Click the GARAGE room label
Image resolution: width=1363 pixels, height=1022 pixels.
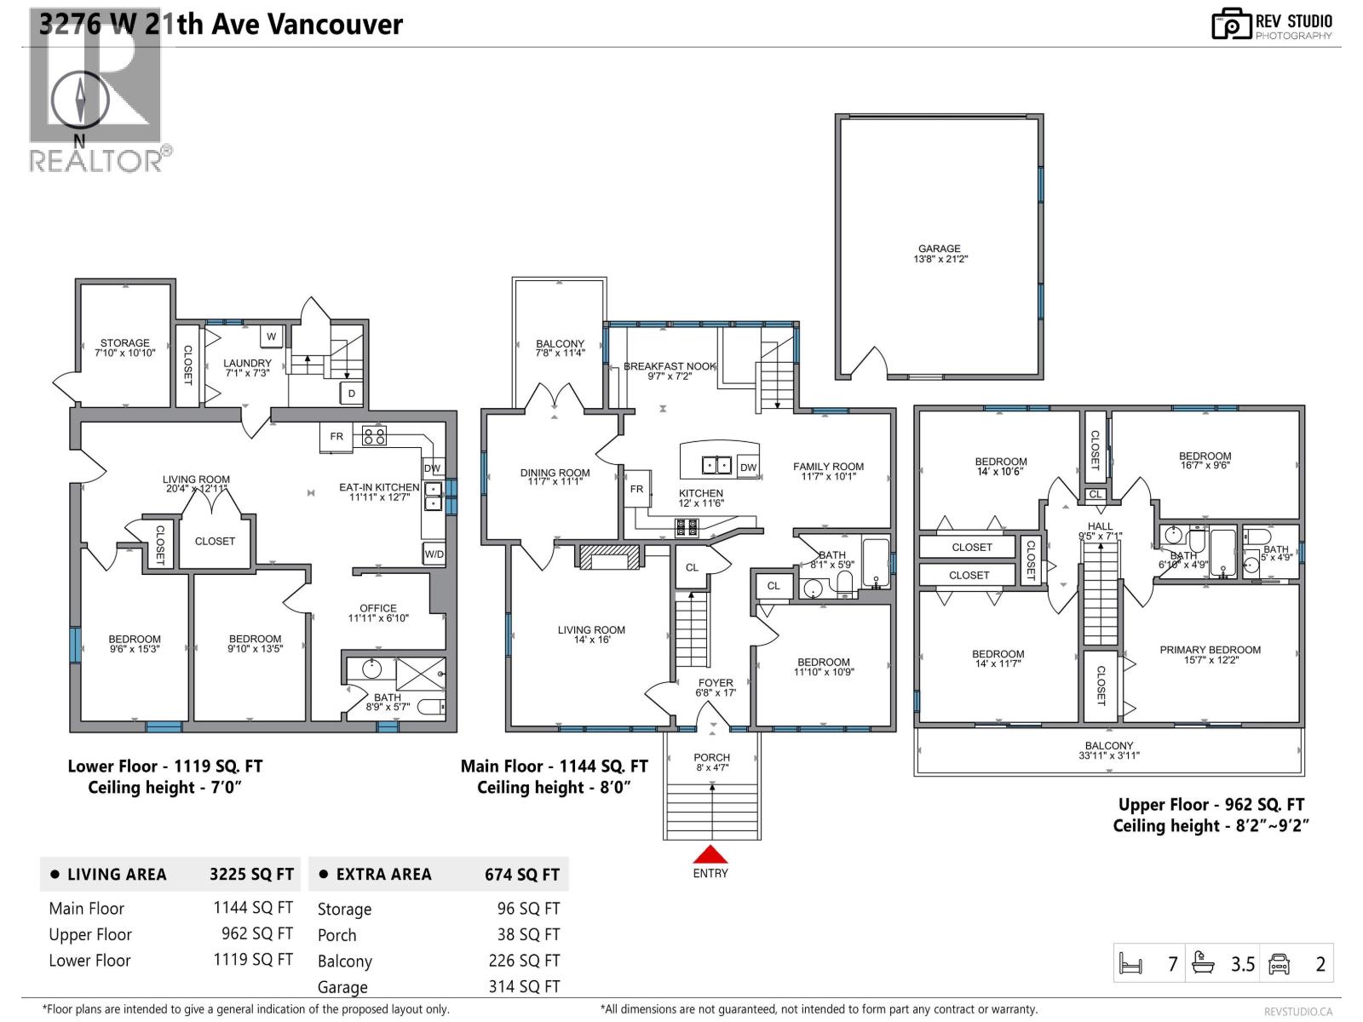point(939,249)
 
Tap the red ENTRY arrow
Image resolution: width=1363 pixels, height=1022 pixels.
point(710,854)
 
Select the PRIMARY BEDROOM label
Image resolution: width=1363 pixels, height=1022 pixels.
point(1210,650)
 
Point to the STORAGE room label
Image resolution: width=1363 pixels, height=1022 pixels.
point(124,343)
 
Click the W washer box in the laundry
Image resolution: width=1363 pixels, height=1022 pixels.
point(271,336)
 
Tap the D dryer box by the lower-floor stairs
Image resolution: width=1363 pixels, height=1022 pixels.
point(351,393)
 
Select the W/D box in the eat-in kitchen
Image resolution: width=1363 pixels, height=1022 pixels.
point(434,554)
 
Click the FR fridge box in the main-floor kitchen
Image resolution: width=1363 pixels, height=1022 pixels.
point(636,489)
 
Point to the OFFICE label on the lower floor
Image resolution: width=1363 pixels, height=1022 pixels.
point(378,608)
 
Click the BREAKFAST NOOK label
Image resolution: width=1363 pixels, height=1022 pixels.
point(670,366)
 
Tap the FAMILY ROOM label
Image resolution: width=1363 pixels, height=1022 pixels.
point(828,467)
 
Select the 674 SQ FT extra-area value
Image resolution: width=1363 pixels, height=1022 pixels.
point(522,875)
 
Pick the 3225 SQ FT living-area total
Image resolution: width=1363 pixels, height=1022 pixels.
point(251,875)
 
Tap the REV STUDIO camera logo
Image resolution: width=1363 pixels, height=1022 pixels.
point(1231,24)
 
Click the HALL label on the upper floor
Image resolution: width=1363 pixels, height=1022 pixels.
point(1100,526)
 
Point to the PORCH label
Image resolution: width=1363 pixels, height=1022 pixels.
point(711,757)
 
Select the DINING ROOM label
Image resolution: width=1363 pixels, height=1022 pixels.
point(555,473)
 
